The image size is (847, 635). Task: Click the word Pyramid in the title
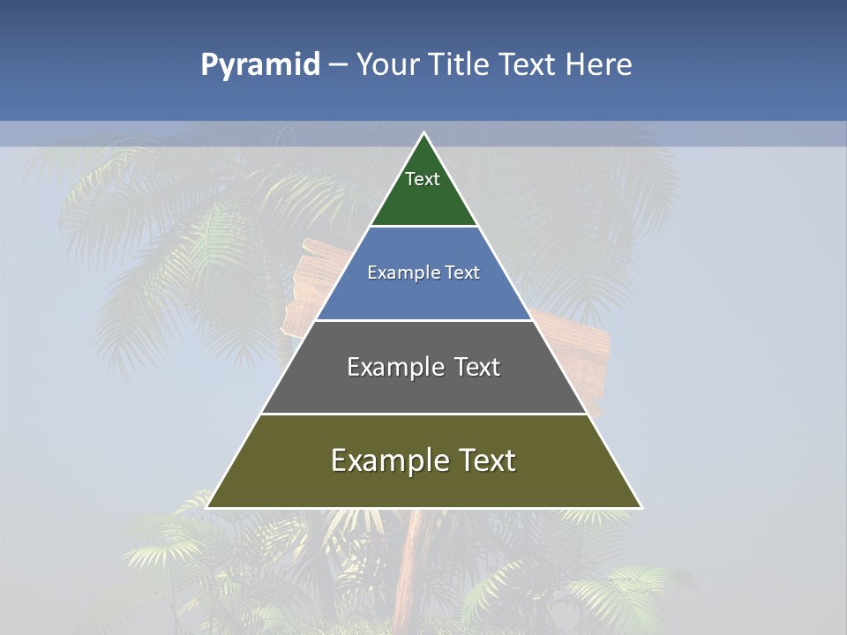259,65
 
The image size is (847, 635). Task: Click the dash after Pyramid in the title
338,65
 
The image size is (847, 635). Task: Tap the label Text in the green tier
423,179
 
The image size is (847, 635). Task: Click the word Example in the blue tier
394,273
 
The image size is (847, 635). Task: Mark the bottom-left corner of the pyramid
207,507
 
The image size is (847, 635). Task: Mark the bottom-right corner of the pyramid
641,507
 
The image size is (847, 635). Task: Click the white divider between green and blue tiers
423,226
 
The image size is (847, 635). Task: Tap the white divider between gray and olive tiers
423,414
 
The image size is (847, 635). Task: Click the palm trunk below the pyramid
409,556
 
